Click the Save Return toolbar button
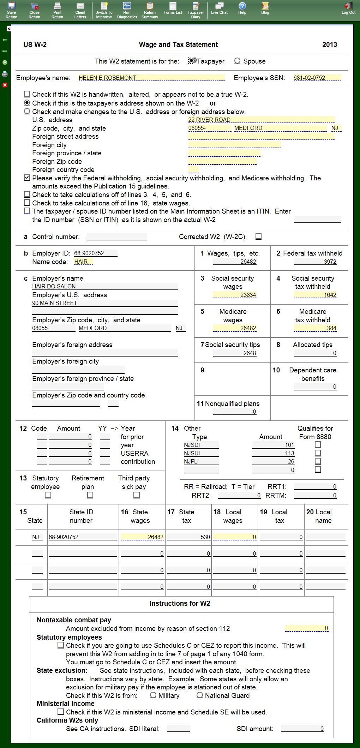[x=11, y=10]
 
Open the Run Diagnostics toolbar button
[x=127, y=10]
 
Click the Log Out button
[x=348, y=8]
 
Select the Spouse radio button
[x=238, y=61]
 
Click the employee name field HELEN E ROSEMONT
[x=151, y=78]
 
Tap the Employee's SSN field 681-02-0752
[x=317, y=78]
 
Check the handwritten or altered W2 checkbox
[x=27, y=94]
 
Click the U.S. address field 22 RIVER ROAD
[x=261, y=120]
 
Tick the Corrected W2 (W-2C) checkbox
[x=259, y=237]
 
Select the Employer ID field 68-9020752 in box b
[x=95, y=253]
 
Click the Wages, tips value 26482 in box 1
[x=235, y=262]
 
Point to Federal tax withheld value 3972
[x=315, y=262]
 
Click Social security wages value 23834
[x=235, y=295]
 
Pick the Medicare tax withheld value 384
[x=315, y=328]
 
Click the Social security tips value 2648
[x=235, y=353]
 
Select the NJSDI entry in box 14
[x=201, y=445]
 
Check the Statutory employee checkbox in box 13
[x=48, y=495]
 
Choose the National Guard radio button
[x=200, y=695]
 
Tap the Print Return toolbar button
[x=57, y=10]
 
